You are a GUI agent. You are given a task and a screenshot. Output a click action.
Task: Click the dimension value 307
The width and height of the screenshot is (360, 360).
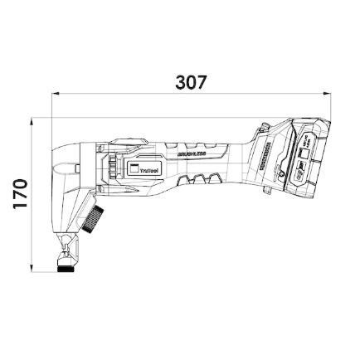[192, 83]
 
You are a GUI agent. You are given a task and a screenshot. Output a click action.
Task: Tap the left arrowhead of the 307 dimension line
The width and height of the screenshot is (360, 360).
[56, 95]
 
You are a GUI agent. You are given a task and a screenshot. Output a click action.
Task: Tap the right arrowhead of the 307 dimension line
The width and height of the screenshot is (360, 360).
[328, 95]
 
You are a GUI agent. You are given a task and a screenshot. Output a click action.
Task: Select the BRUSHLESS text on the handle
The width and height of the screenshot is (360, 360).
[191, 153]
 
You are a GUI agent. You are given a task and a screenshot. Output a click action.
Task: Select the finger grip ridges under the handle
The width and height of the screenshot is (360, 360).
[202, 178]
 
